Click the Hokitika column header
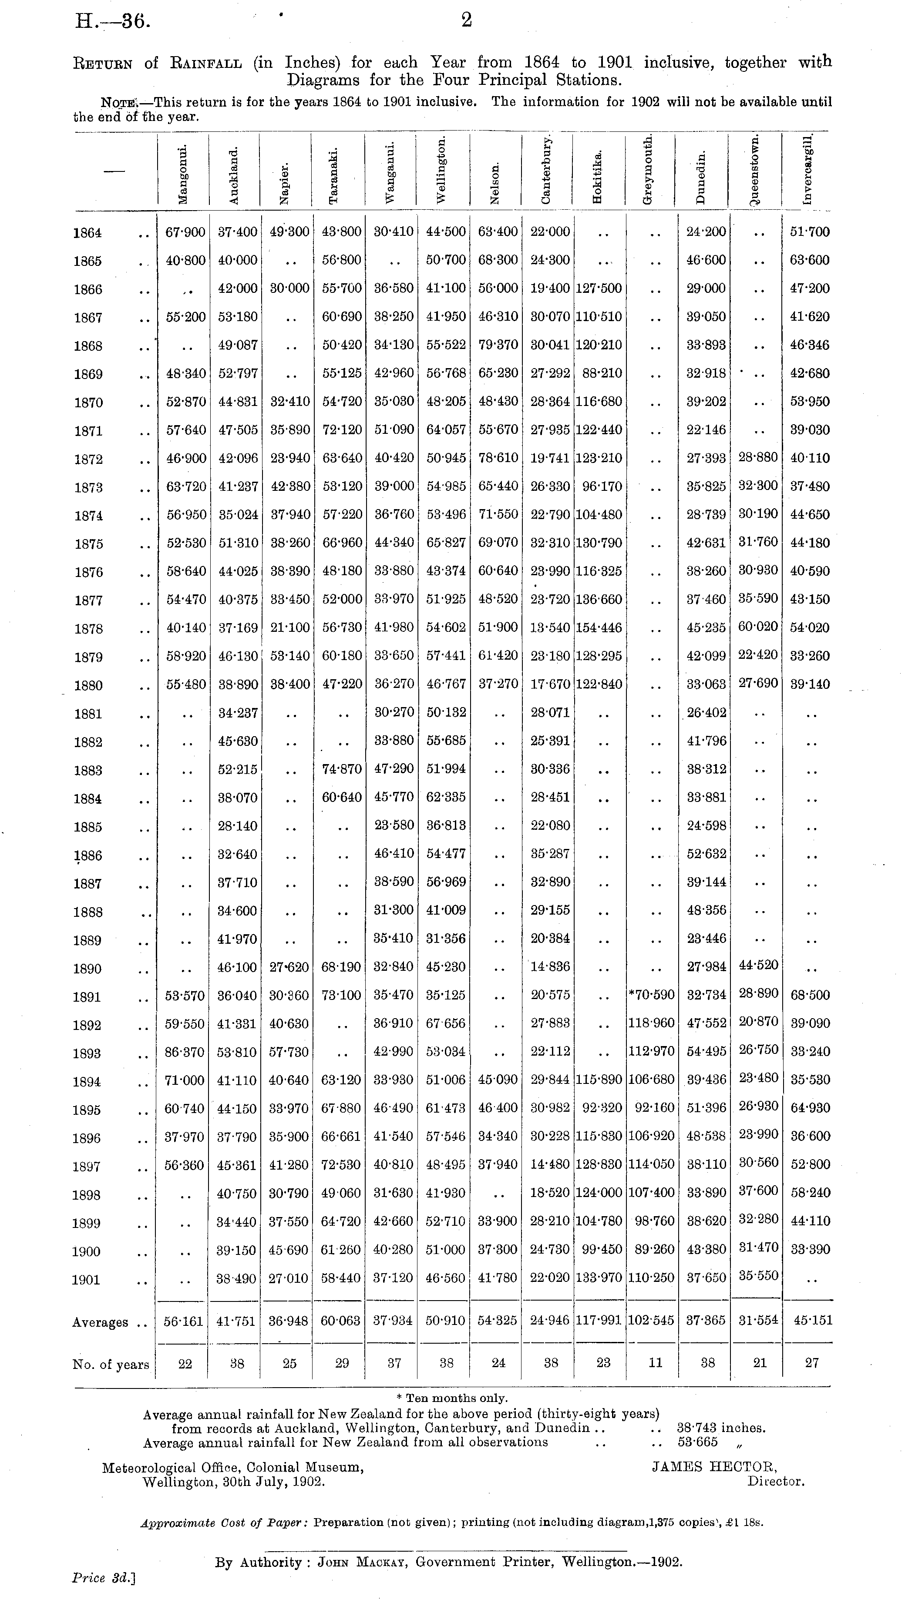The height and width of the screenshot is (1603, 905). coord(598,176)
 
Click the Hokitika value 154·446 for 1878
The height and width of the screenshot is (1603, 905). coord(599,628)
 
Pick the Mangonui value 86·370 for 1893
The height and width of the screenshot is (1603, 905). coord(185,1052)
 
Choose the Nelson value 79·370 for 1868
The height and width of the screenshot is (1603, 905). coord(498,345)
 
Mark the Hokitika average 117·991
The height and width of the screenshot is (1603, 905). coord(599,1321)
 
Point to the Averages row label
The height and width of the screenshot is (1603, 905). coord(100,1322)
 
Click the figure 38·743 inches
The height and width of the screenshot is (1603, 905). coord(721,1428)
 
